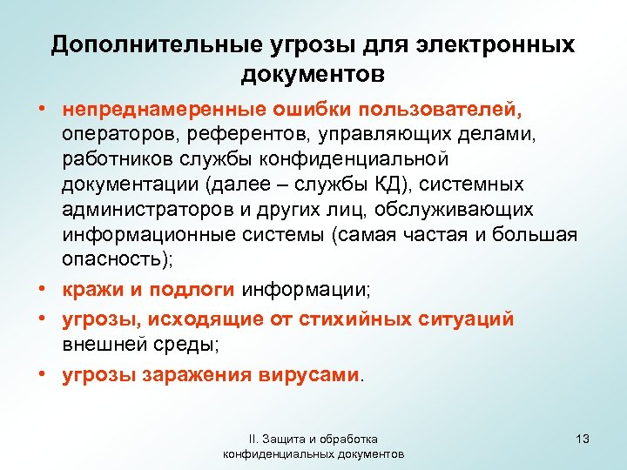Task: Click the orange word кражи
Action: click(86, 289)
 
